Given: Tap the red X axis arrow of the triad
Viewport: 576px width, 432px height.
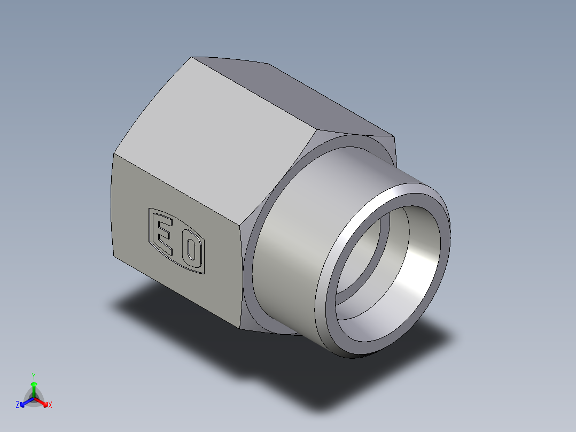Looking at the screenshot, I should pyautogui.click(x=44, y=402).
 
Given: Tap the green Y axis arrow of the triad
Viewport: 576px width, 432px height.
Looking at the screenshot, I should pyautogui.click(x=34, y=386).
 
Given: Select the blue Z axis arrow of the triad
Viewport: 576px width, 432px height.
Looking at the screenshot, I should pyautogui.click(x=24, y=403).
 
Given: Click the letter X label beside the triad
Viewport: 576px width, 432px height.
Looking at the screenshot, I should pyautogui.click(x=50, y=405).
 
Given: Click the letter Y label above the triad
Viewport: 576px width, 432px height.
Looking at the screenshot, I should pyautogui.click(x=34, y=376).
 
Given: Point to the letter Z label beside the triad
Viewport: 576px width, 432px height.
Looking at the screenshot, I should pyautogui.click(x=18, y=405).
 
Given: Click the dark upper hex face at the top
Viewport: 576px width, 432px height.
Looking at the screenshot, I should pyautogui.click(x=299, y=96).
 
